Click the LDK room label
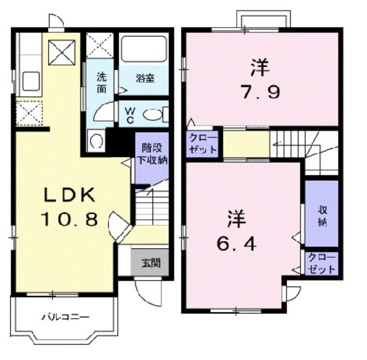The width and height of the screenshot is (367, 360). [70, 194]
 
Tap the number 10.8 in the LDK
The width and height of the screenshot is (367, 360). [69, 219]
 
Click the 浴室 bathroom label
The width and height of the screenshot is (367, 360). [145, 79]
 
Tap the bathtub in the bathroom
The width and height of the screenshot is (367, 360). [144, 49]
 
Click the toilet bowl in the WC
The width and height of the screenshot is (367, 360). [152, 115]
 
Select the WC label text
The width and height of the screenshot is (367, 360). [130, 115]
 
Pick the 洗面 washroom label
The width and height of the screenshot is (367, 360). [101, 83]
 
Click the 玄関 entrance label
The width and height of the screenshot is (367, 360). [151, 263]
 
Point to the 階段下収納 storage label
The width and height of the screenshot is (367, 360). [152, 154]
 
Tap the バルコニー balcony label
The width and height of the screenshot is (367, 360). [66, 317]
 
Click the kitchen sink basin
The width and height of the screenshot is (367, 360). [31, 81]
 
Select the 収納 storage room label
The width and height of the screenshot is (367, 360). [323, 216]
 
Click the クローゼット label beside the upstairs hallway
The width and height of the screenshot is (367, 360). [203, 143]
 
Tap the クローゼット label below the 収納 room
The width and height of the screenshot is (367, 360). [322, 264]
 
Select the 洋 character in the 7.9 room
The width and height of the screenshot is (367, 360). [260, 67]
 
